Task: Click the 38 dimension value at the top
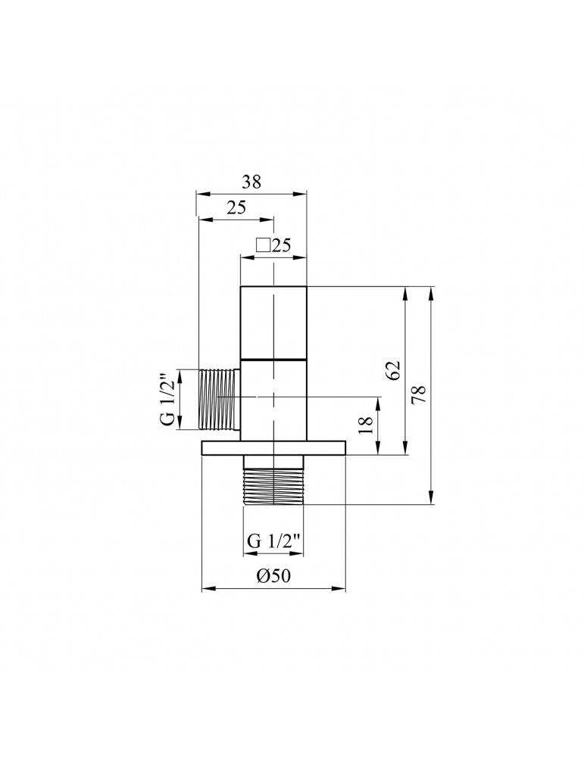click(x=251, y=182)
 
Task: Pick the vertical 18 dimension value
click(x=365, y=425)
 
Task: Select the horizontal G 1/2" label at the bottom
click(x=274, y=541)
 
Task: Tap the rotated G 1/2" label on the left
click(x=169, y=399)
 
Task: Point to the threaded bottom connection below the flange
click(x=274, y=480)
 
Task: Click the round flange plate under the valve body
click(x=273, y=448)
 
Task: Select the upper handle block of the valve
click(x=274, y=322)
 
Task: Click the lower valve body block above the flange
click(x=274, y=400)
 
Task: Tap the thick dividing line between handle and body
click(x=274, y=357)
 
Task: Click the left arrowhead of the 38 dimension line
click(x=201, y=193)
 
